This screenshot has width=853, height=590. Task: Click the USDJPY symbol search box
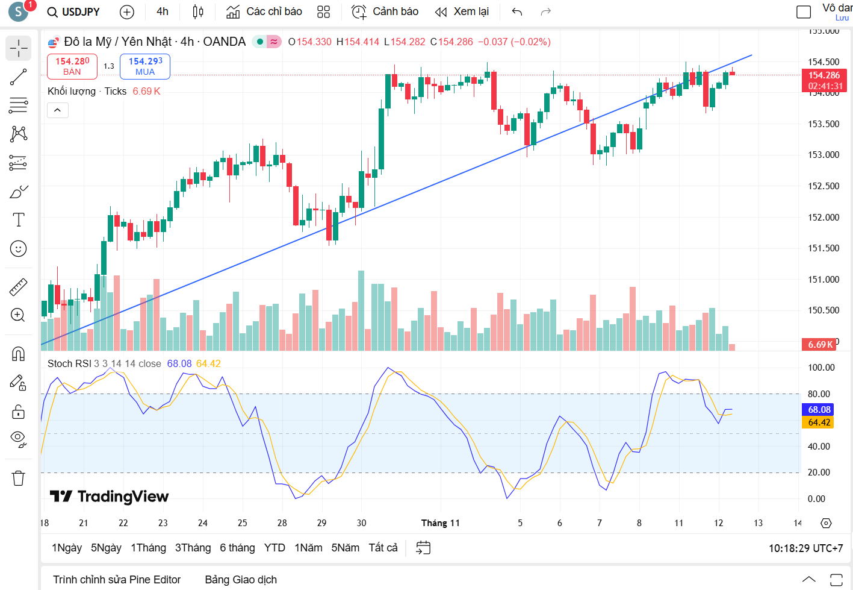click(x=73, y=12)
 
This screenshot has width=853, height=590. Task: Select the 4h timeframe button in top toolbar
click(x=163, y=12)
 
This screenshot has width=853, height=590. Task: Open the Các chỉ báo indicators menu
click(x=264, y=12)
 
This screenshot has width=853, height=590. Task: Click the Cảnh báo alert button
click(x=385, y=12)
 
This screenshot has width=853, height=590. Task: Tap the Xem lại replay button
click(x=462, y=12)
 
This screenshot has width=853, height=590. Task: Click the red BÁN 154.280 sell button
click(x=72, y=66)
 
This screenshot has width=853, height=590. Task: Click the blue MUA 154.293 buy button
click(x=145, y=66)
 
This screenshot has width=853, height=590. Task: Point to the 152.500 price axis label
click(x=823, y=186)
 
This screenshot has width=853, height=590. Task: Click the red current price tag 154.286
click(x=824, y=76)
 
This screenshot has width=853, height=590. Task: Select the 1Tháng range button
click(x=148, y=548)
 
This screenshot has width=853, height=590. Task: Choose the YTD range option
click(x=275, y=548)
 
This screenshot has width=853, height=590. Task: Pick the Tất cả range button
click(x=383, y=548)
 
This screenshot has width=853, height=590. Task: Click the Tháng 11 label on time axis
click(x=440, y=523)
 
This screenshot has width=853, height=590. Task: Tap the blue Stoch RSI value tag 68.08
click(x=819, y=410)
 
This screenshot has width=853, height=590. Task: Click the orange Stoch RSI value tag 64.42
click(x=819, y=422)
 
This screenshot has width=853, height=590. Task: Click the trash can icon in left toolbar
click(x=19, y=479)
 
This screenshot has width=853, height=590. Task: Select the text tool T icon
click(x=19, y=220)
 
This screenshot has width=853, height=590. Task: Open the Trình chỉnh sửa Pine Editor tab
click(x=117, y=580)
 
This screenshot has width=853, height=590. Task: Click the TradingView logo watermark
click(x=109, y=497)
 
